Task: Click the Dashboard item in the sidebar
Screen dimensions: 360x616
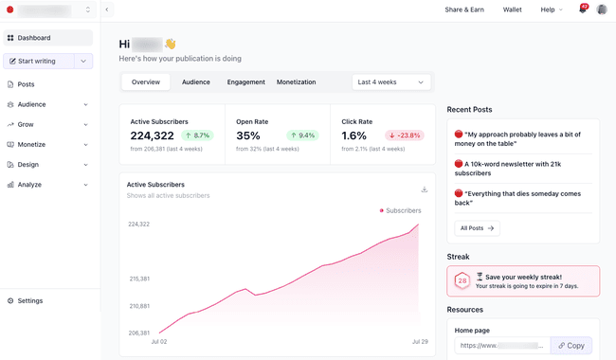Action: [x=34, y=38]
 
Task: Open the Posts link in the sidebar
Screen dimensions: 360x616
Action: [x=26, y=84]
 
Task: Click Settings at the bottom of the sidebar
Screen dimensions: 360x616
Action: [x=29, y=300]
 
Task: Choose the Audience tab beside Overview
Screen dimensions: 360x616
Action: [x=196, y=82]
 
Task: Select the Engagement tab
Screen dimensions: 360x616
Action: [x=245, y=82]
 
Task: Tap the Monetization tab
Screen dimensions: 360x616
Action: [x=296, y=82]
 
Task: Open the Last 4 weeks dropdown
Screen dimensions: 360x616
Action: [x=390, y=82]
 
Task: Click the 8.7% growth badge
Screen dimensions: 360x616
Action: [x=198, y=135]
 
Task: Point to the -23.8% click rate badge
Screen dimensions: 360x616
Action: [x=405, y=135]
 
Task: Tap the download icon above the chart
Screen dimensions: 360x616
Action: [x=425, y=189]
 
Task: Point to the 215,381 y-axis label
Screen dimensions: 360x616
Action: [x=138, y=279]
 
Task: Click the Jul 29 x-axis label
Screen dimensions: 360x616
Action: [x=420, y=341]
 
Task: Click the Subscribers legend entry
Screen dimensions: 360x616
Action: [x=400, y=210]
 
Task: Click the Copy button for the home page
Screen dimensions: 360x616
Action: [x=571, y=346]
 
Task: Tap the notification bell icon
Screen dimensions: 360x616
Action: [x=583, y=9]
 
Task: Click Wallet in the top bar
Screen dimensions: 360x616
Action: [x=512, y=9]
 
